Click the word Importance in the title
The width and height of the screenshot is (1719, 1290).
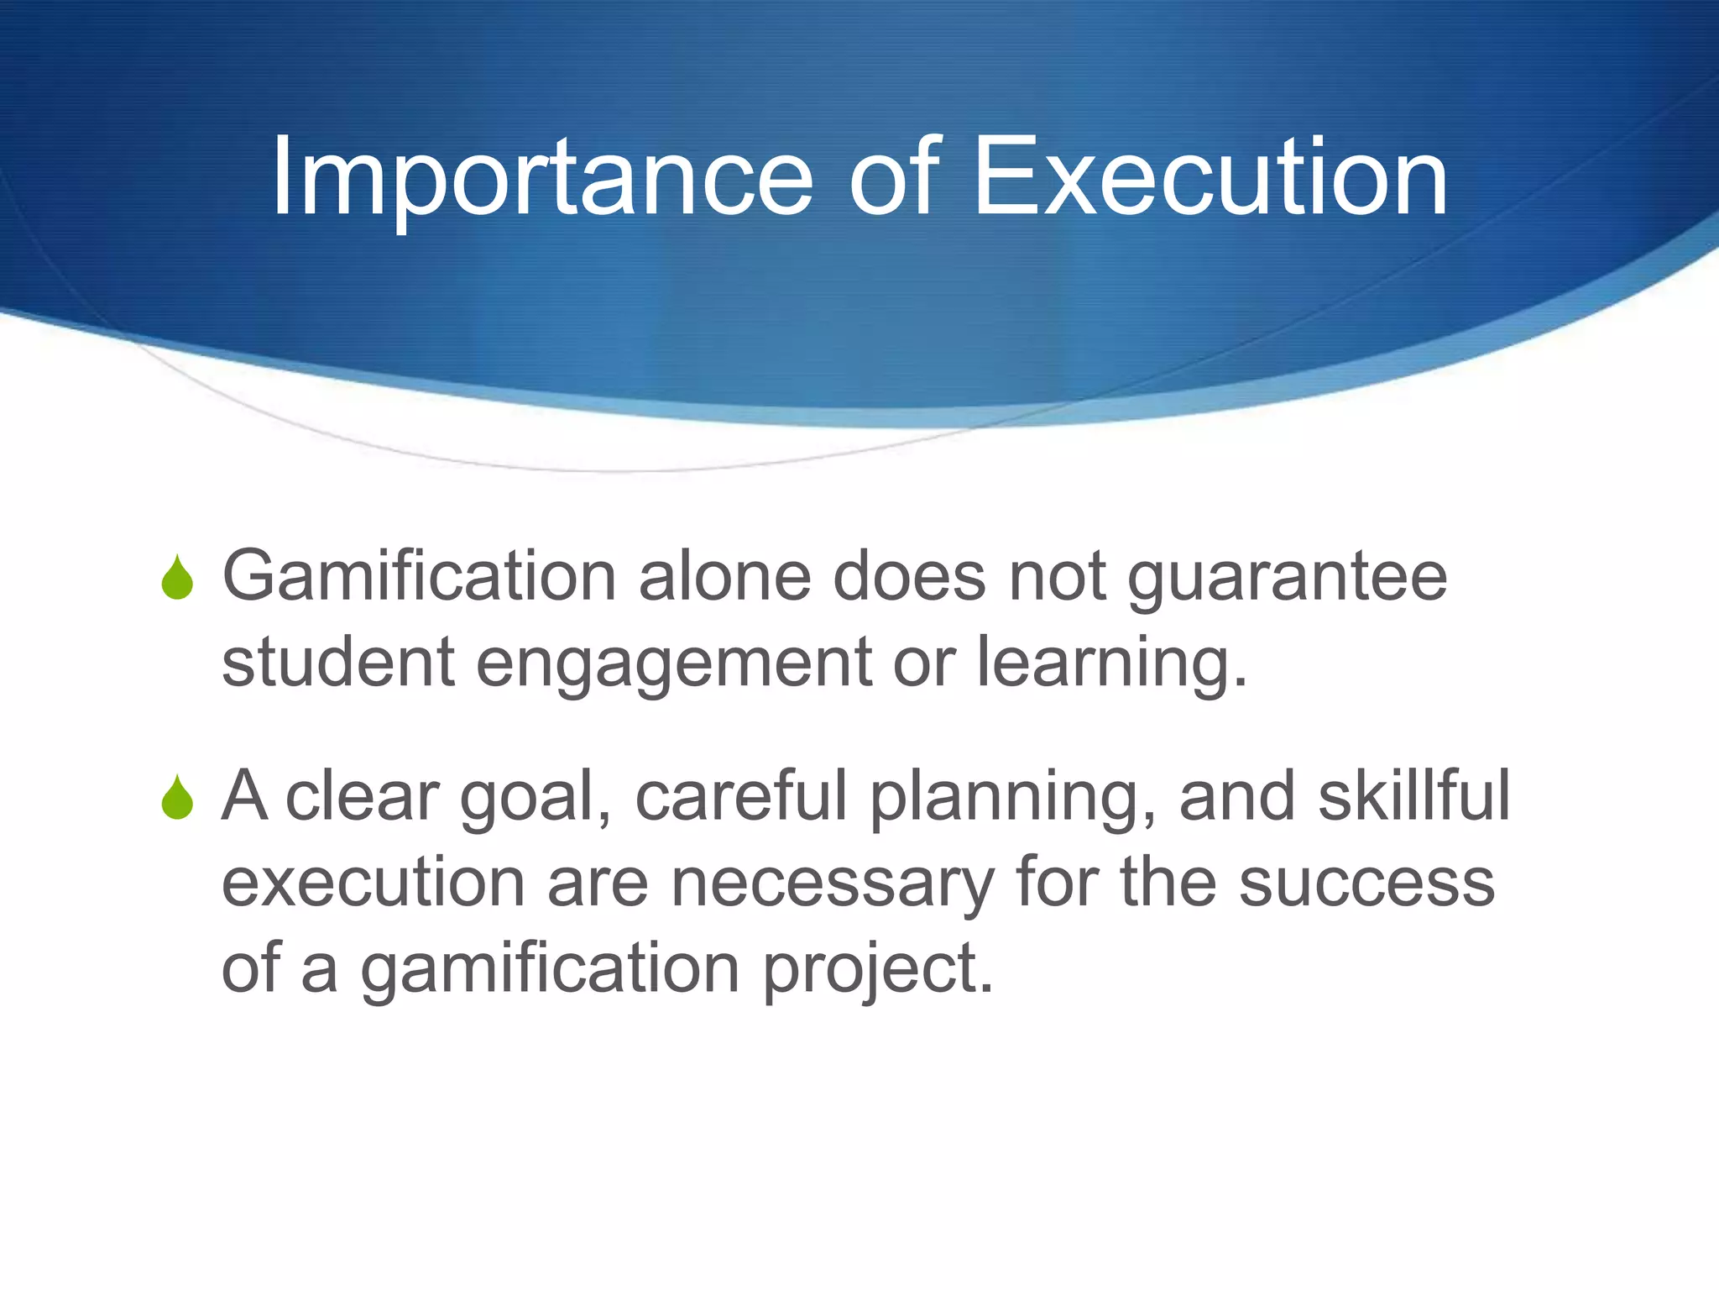coord(541,178)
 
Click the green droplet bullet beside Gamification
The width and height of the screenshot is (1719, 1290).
coord(177,578)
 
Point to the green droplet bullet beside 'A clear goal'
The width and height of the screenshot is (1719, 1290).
coord(177,798)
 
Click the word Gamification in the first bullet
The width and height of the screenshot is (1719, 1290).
coord(419,578)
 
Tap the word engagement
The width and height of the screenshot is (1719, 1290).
coord(674,663)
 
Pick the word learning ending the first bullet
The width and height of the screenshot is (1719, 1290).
coord(1110,663)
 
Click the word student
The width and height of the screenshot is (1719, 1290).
coord(338,663)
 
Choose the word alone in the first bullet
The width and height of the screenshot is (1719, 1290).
coord(724,578)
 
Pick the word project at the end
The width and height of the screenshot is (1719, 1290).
coord(877,969)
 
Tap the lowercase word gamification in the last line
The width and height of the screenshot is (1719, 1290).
coord(550,969)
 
